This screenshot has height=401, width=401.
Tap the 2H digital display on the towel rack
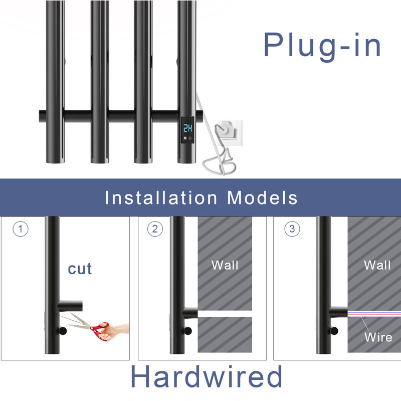tap(188, 128)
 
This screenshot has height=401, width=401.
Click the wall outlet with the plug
tap(229, 133)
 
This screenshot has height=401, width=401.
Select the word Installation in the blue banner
tap(161, 197)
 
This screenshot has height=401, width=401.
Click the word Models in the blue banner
tap(262, 197)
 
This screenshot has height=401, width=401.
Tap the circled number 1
tap(21, 229)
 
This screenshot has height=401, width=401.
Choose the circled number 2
tap(155, 229)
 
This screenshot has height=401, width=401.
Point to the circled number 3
tap(292, 229)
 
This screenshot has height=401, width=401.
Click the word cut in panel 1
tap(80, 269)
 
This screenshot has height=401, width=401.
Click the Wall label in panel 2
tap(225, 265)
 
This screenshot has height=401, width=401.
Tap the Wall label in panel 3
tap(377, 265)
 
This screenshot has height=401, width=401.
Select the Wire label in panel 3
tap(378, 337)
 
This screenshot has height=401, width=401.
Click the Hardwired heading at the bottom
tap(207, 377)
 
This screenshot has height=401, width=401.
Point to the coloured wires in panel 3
tap(374, 314)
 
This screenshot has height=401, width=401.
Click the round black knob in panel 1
tap(62, 331)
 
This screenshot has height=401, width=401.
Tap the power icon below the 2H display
tap(190, 138)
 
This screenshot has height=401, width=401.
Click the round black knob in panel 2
tap(187, 331)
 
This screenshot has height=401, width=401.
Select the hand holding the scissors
tap(115, 332)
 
